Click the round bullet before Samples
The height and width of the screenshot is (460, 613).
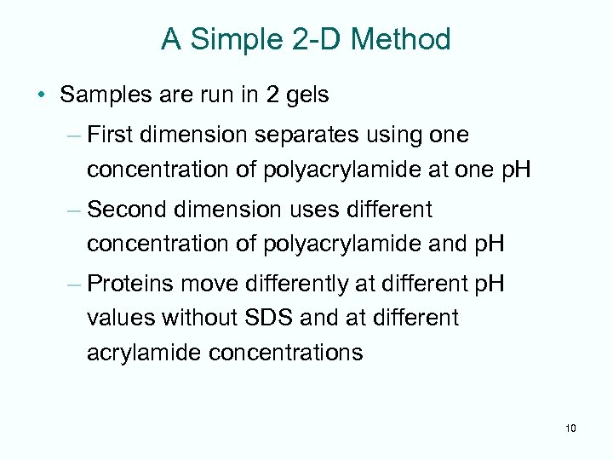(x=43, y=95)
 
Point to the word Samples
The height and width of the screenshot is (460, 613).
(x=106, y=95)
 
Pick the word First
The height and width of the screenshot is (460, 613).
(x=110, y=135)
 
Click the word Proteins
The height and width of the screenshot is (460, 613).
(x=127, y=283)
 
